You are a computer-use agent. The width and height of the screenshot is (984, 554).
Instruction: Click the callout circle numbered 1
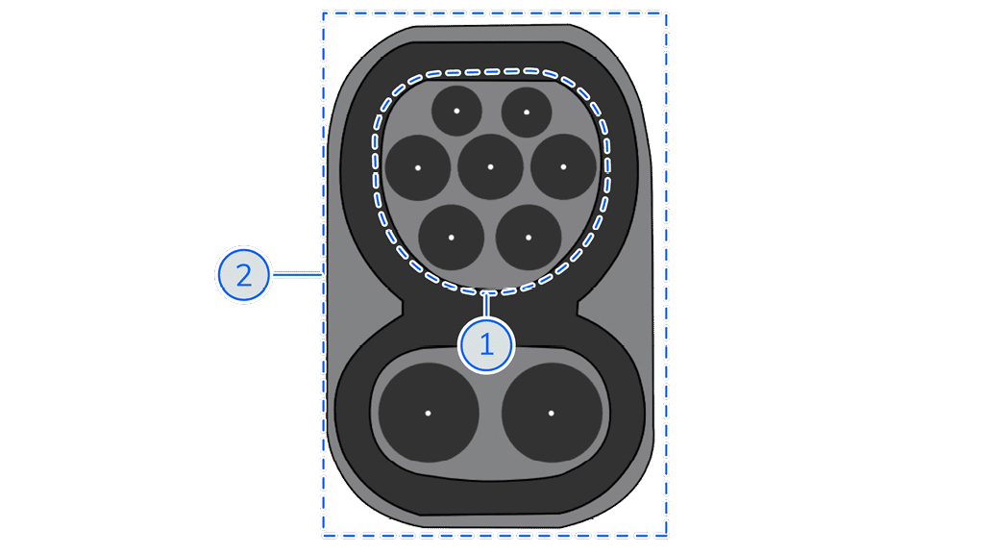486,345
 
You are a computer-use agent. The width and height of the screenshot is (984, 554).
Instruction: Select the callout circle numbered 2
243,274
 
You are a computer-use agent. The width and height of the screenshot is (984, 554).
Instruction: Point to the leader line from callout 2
297,274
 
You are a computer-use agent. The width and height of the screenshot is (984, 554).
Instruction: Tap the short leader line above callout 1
485,304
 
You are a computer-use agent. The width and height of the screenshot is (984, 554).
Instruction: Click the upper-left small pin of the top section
456,112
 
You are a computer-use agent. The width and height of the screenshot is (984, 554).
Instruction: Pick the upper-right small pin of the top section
527,112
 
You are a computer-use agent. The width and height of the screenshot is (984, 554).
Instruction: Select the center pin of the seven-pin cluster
490,166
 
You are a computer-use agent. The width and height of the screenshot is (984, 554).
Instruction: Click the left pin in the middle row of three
418,167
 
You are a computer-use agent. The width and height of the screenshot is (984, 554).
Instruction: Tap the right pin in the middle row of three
563,166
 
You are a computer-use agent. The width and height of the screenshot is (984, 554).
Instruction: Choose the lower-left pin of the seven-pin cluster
452,238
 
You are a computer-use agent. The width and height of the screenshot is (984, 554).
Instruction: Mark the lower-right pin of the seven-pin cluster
529,238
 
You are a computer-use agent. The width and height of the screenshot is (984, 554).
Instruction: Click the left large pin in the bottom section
428,413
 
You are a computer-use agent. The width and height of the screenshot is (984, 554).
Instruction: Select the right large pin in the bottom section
551,413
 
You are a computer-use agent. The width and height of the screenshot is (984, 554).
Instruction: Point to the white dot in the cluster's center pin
490,166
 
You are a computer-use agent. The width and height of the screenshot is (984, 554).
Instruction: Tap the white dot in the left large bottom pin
428,413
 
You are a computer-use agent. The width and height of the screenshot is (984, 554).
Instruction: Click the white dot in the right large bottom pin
551,413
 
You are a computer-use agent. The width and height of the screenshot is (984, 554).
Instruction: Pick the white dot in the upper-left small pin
456,112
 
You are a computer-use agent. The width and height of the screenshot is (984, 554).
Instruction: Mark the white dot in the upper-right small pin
527,112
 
